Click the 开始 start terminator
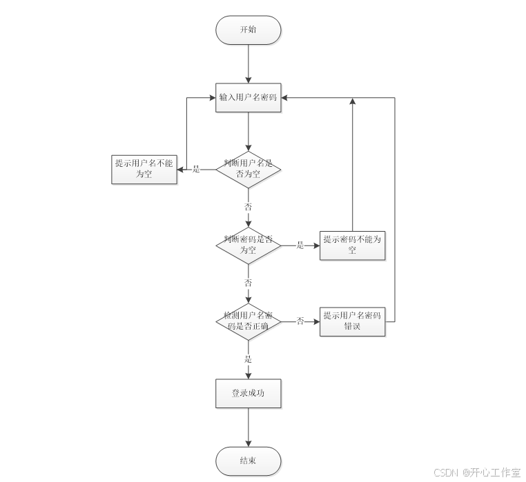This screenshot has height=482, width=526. pyautogui.click(x=248, y=30)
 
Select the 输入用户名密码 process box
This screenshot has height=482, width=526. pyautogui.click(x=248, y=98)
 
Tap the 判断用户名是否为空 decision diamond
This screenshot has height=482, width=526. pyautogui.click(x=248, y=169)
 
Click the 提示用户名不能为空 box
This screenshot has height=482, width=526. pyautogui.click(x=144, y=169)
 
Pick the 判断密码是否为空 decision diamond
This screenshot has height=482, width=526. pyautogui.click(x=248, y=245)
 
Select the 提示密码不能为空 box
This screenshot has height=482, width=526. pyautogui.click(x=352, y=245)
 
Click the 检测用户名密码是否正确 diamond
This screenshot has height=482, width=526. pyautogui.click(x=248, y=321)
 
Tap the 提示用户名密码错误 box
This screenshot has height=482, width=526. pyautogui.click(x=352, y=321)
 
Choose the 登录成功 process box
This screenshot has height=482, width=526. pyautogui.click(x=248, y=393)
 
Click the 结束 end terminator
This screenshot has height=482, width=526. pyautogui.click(x=248, y=461)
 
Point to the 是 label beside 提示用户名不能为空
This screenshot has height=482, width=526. pyautogui.click(x=196, y=169)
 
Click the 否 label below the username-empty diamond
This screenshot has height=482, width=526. pyautogui.click(x=248, y=207)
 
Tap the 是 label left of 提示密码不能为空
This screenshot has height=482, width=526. pyautogui.click(x=300, y=245)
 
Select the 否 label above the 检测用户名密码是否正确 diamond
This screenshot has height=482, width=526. pyautogui.click(x=248, y=283)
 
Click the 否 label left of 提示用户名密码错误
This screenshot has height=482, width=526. pyautogui.click(x=300, y=321)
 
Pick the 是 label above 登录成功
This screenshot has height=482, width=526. pyautogui.click(x=248, y=359)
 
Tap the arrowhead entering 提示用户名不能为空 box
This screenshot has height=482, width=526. pyautogui.click(x=180, y=169)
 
